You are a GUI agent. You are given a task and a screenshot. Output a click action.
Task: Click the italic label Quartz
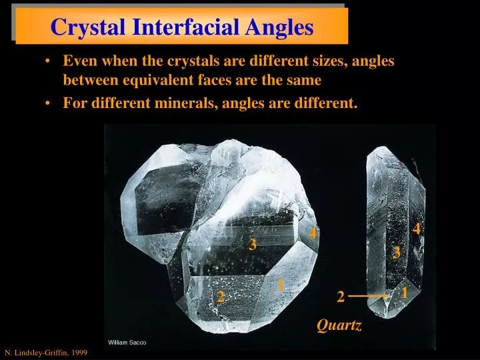click(x=339, y=325)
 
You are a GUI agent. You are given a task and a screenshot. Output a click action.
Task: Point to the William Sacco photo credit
click(x=127, y=342)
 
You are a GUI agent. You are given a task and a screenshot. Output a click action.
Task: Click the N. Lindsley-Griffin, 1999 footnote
click(x=46, y=351)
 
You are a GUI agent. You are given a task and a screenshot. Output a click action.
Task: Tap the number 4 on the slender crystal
click(x=417, y=229)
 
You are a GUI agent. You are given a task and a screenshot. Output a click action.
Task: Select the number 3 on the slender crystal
click(x=397, y=253)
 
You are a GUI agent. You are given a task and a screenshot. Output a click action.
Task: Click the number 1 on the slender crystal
click(x=405, y=292)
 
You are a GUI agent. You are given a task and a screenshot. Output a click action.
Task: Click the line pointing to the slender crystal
click(x=367, y=295)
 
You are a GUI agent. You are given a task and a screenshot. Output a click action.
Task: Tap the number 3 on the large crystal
click(x=253, y=245)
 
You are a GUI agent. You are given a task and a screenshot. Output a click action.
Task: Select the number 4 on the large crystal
click(x=313, y=233)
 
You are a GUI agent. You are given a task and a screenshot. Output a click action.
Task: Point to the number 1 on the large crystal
click(x=281, y=285)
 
